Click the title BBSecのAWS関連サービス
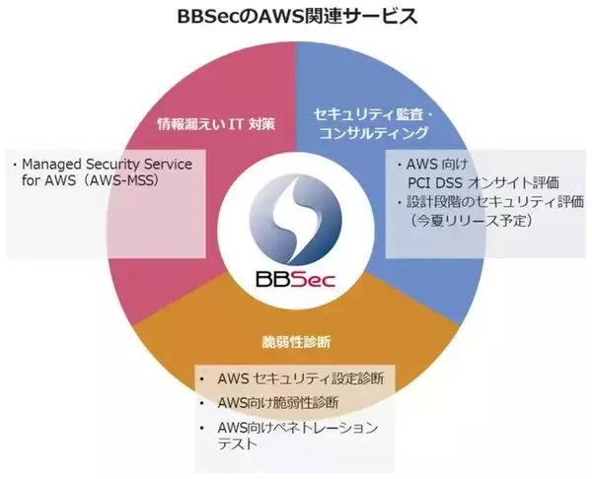297,16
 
